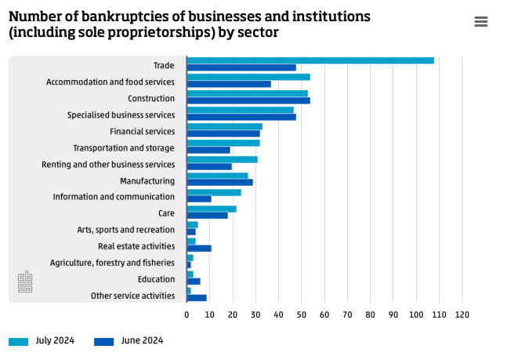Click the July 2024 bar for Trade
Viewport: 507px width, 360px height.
click(x=310, y=60)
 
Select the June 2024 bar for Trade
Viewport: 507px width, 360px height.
click(x=241, y=67)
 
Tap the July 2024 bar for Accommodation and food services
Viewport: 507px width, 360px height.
click(x=248, y=77)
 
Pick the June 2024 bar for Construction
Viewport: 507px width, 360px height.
click(x=248, y=100)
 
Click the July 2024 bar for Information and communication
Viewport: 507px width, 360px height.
click(x=214, y=192)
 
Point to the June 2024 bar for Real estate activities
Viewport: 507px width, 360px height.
click(x=199, y=249)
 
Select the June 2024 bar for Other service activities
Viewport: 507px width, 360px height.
click(x=197, y=298)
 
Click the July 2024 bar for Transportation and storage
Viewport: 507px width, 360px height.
click(x=223, y=143)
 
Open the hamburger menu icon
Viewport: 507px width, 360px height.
click(x=481, y=22)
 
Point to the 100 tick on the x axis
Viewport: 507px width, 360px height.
click(x=416, y=315)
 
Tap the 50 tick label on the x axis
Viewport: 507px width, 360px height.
click(x=302, y=315)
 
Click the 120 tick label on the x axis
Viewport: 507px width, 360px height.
click(x=462, y=315)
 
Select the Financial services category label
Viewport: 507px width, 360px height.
click(x=142, y=132)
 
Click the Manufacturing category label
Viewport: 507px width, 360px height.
click(x=147, y=181)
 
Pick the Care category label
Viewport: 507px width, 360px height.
click(x=166, y=213)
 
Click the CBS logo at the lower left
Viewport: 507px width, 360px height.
click(x=25, y=282)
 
